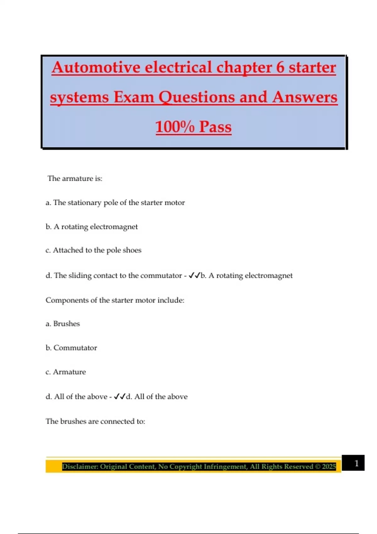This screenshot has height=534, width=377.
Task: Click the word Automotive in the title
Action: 96,68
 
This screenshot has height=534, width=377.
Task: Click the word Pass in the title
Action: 215,127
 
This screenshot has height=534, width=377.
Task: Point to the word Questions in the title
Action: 197,97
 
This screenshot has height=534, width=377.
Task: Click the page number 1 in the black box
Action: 356,463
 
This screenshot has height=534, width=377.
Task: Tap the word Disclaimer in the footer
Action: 80,466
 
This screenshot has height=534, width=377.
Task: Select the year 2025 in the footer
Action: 329,466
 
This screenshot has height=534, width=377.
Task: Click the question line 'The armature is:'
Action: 75,178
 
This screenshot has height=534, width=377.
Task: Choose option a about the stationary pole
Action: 115,203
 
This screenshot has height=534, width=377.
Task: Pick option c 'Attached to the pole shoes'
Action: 93,250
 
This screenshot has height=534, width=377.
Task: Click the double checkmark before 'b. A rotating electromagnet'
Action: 194,275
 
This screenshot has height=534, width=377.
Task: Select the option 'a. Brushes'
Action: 63,324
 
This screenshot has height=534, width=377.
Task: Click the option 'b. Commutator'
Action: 71,348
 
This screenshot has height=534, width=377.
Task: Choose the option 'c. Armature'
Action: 66,372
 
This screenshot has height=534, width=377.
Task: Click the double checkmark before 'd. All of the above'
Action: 120,396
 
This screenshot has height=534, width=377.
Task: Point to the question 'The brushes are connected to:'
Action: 95,421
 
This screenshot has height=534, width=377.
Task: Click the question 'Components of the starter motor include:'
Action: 115,300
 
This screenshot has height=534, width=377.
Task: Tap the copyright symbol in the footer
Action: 317,466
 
